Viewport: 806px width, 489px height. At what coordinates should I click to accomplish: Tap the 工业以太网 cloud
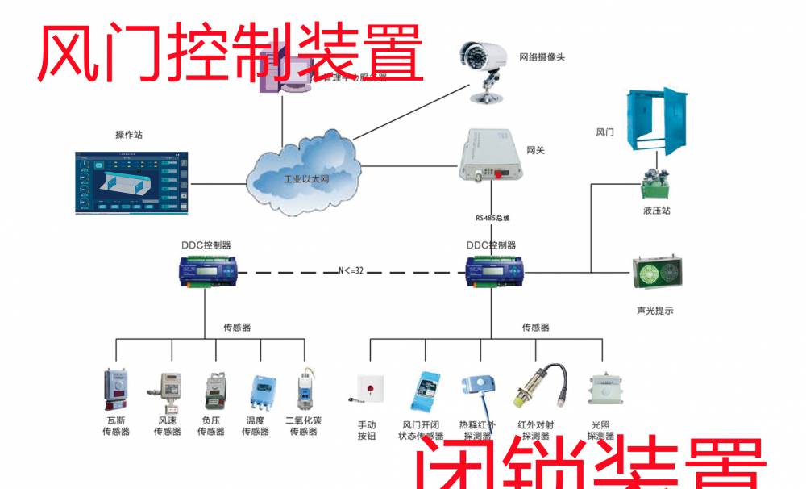[301, 173]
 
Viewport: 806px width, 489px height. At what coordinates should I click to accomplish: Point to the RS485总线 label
[492, 218]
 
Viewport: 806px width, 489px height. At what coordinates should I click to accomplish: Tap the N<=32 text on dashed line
[351, 271]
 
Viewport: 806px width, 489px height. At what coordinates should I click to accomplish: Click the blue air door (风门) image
[656, 121]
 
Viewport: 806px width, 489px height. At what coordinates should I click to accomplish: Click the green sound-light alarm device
[654, 274]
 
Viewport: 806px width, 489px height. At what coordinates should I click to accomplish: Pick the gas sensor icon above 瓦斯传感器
[115, 391]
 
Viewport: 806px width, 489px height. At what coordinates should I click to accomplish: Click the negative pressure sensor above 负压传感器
[212, 391]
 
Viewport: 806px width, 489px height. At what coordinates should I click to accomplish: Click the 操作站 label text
[129, 134]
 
